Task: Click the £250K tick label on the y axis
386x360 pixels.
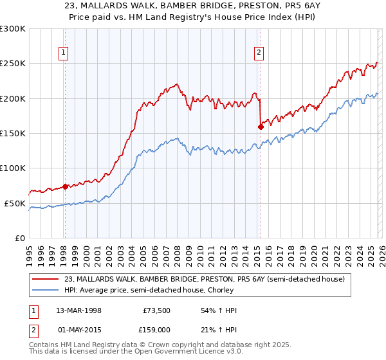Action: (13, 64)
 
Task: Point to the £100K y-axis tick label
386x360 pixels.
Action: (13, 168)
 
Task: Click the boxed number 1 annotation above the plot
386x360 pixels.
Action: (64, 53)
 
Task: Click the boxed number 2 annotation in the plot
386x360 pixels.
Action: (259, 53)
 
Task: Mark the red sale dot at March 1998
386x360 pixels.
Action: (65, 187)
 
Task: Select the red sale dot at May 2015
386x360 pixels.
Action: (261, 127)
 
